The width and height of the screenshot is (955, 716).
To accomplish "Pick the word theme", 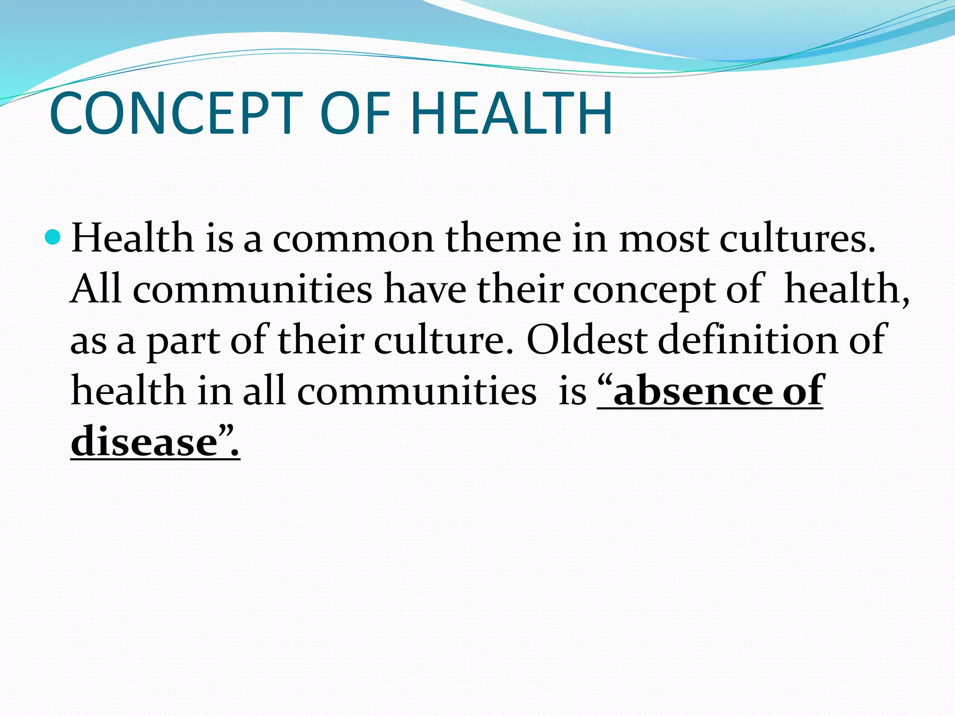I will tap(503, 239).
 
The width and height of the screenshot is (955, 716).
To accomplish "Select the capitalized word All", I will tap(96, 289).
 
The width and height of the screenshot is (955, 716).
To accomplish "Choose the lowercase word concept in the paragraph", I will tap(644, 292).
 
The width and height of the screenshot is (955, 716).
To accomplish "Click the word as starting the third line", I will tap(88, 343).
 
